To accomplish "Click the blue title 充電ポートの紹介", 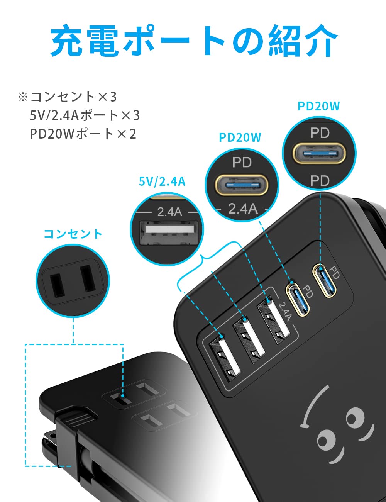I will click(x=193, y=41).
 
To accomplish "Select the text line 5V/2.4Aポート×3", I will click(x=85, y=115).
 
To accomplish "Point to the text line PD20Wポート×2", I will click(x=83, y=134).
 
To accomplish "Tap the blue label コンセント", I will click(x=73, y=234).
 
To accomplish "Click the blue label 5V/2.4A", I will click(x=162, y=181).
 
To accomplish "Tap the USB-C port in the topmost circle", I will click(x=319, y=153).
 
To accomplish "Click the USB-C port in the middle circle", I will click(x=241, y=185).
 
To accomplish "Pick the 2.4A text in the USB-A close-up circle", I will click(x=169, y=212).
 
